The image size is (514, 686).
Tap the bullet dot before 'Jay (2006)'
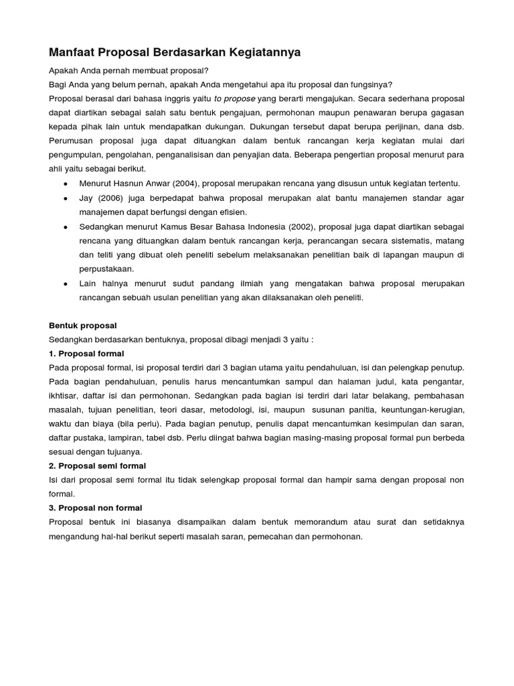[x=64, y=200]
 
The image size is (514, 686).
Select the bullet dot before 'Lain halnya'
[x=64, y=284]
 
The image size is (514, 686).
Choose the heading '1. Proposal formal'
[x=86, y=354]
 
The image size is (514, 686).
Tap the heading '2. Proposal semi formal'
[x=98, y=466]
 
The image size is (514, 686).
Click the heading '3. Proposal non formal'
[x=96, y=508]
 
